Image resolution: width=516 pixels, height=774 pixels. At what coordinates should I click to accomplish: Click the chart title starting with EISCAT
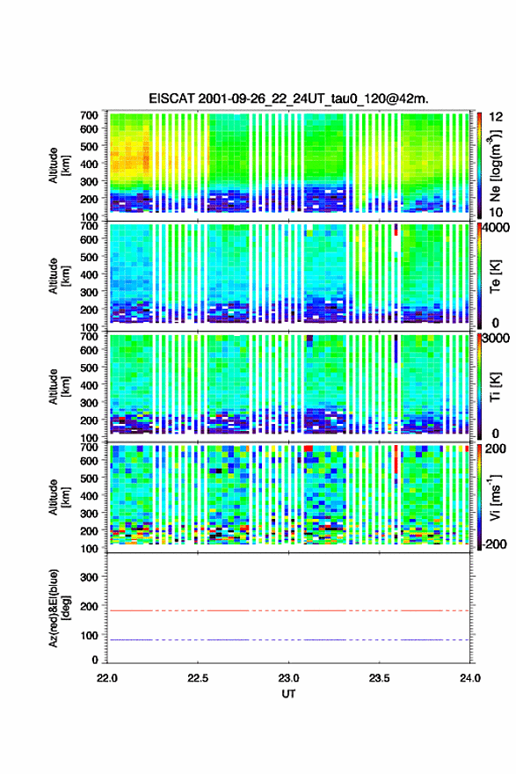[x=288, y=99]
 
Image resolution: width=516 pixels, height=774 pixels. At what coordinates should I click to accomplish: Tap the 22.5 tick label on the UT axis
[x=198, y=678]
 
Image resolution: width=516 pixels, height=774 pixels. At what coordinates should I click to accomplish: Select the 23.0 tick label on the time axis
[x=288, y=678]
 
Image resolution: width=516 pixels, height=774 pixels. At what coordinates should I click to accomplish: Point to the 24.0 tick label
[x=469, y=678]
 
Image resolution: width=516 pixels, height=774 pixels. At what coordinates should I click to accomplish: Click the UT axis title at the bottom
[x=288, y=694]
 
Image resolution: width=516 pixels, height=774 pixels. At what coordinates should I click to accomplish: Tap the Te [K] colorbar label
[x=495, y=276]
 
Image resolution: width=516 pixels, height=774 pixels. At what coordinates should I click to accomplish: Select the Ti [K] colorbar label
[x=495, y=387]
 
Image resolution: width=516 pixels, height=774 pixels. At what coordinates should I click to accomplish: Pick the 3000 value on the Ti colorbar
[x=495, y=339]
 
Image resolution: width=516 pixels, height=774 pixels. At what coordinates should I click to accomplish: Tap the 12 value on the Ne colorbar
[x=495, y=117]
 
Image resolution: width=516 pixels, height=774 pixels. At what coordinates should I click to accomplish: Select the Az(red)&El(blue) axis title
[x=59, y=608]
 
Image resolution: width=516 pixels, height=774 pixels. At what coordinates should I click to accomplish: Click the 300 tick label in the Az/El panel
[x=90, y=577]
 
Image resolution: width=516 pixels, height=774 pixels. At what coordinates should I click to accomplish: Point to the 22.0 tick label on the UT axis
[x=107, y=678]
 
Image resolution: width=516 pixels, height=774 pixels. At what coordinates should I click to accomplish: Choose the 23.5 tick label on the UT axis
[x=379, y=678]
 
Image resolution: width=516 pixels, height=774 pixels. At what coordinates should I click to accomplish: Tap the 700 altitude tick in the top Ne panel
[x=90, y=115]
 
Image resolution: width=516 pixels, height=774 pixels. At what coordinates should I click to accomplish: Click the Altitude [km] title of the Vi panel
[x=59, y=497]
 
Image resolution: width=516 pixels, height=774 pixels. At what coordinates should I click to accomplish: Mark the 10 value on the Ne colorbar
[x=495, y=212]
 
